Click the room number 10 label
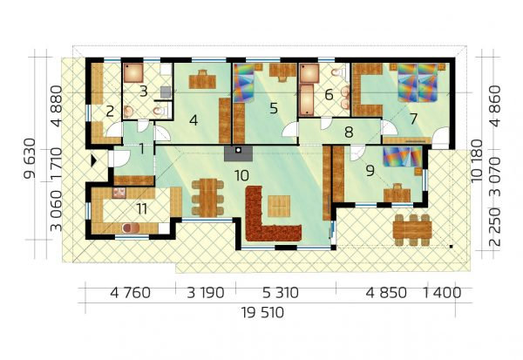tap(241, 175)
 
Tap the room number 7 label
tap(413, 119)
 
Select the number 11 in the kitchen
tap(142, 209)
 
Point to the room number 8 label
tap(349, 132)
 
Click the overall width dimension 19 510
tap(262, 313)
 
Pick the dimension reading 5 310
tap(281, 293)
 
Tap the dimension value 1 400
tap(442, 293)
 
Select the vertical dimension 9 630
tap(30, 159)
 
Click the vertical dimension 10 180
tap(478, 160)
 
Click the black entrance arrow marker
tap(94, 160)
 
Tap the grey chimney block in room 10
tap(238, 153)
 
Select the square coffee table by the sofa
tap(279, 207)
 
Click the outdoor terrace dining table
tap(412, 230)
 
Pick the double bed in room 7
tap(418, 83)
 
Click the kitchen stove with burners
tap(119, 194)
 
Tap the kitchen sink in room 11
tap(131, 228)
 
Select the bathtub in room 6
tap(306, 99)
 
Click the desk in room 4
tap(202, 80)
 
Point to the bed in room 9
tap(403, 157)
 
